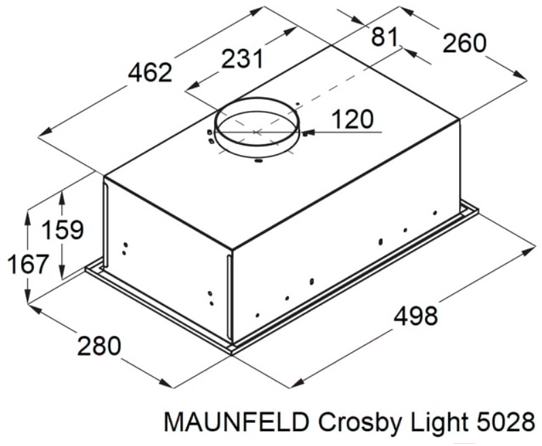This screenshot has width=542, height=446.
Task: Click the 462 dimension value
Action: pos(150,73)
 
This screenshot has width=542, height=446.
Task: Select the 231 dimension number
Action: pos(243,58)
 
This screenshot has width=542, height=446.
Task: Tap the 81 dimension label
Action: pos(385,37)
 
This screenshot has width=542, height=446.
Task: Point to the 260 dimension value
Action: pos(464,44)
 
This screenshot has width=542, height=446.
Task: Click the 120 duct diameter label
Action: pos(352,119)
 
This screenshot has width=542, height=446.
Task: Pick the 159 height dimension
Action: pos(63,229)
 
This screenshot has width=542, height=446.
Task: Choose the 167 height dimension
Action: pos(27,264)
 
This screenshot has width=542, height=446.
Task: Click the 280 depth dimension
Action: pos(99,346)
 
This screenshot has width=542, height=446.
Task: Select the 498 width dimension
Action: pos(416,316)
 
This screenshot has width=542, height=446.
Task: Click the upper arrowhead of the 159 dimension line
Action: pos(62,198)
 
